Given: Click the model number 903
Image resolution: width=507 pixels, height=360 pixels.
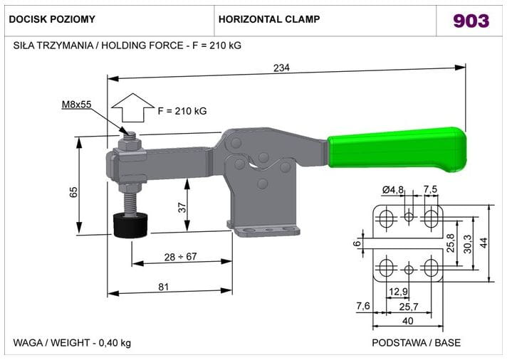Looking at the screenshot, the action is pyautogui.click(x=471, y=21).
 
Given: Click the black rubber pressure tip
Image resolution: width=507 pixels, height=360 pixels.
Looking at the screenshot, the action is pyautogui.click(x=130, y=226).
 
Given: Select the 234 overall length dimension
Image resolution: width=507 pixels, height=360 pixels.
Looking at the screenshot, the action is pyautogui.click(x=282, y=68).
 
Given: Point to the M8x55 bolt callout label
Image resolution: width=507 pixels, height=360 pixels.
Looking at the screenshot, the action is pyautogui.click(x=77, y=105).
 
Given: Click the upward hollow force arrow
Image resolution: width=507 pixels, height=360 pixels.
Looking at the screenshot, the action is pyautogui.click(x=133, y=107).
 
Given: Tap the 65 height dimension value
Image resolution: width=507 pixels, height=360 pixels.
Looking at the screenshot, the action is pyautogui.click(x=73, y=192).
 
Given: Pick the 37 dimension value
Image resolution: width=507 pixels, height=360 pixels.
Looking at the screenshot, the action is pyautogui.click(x=182, y=208).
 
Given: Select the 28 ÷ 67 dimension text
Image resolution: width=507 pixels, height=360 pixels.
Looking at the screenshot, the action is pyautogui.click(x=180, y=257).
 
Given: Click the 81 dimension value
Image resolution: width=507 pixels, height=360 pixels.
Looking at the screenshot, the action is pyautogui.click(x=164, y=287).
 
